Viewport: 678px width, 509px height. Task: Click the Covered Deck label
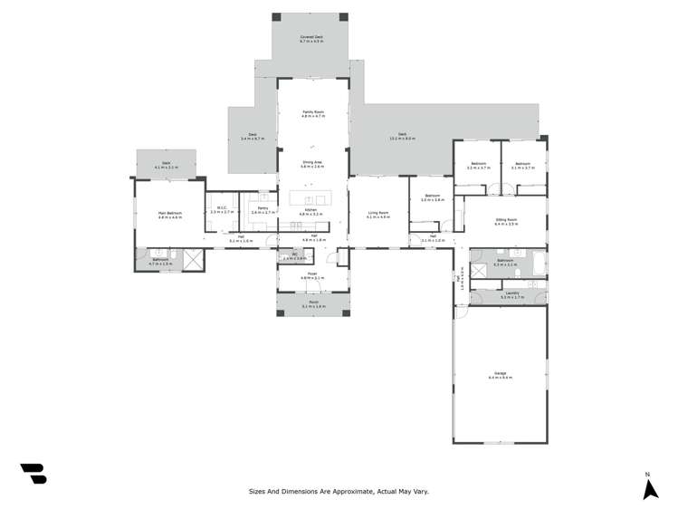tap(311, 37)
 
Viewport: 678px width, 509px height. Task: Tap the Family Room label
tap(312, 112)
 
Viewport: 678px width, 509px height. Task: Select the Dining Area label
tap(312, 162)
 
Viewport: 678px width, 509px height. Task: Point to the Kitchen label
tap(311, 210)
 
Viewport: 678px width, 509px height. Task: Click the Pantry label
tap(263, 209)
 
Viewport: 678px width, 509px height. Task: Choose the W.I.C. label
tap(222, 209)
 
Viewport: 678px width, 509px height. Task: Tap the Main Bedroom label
tap(170, 215)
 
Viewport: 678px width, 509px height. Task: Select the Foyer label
tap(312, 275)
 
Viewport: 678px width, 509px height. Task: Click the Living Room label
tap(378, 215)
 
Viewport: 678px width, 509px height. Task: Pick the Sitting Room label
tap(506, 220)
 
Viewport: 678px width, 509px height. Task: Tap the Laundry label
tap(512, 294)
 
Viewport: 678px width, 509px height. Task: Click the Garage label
tap(501, 374)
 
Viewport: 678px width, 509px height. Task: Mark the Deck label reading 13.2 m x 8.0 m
tap(403, 136)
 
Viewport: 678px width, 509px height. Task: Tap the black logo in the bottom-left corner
tap(33, 473)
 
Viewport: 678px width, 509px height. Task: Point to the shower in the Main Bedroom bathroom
tap(192, 260)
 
